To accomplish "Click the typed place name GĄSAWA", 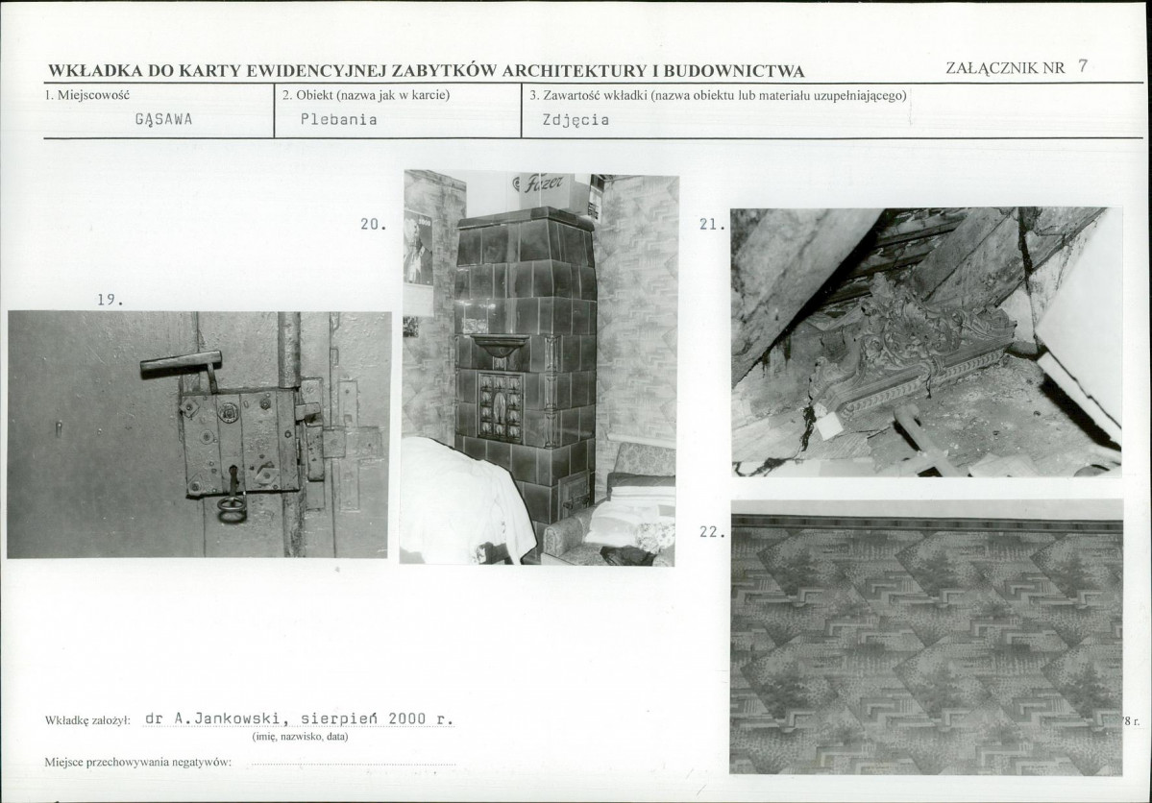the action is [x=164, y=120].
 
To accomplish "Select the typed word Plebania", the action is [x=339, y=119].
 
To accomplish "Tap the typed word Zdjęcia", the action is [x=576, y=120].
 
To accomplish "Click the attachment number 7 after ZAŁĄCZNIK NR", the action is [x=1082, y=66].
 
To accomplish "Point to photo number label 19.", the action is [x=110, y=300].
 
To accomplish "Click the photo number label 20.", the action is [x=374, y=224].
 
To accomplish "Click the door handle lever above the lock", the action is [x=181, y=364].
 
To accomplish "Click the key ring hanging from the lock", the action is [x=231, y=510].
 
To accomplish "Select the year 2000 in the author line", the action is [x=407, y=718].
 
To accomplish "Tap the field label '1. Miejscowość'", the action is [x=87, y=95].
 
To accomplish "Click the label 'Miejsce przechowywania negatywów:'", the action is [x=138, y=762].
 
